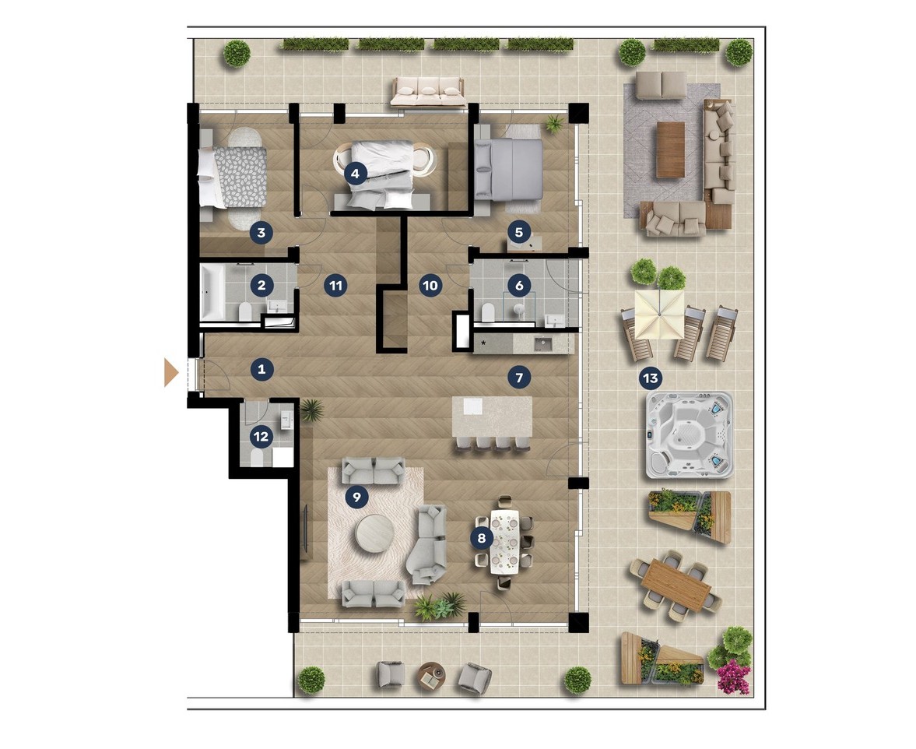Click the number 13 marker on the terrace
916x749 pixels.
(650, 378)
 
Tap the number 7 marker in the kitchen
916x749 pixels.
(519, 378)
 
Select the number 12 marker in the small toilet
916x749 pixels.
(261, 437)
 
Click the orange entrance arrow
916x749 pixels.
(170, 372)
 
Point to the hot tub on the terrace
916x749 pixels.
(690, 435)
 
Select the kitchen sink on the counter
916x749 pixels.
(542, 343)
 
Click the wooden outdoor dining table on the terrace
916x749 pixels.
(676, 585)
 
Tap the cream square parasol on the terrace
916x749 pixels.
(659, 315)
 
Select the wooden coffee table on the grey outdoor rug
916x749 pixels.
(670, 149)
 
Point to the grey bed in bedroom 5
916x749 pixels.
(509, 170)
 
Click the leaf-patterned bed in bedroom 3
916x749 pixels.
(233, 177)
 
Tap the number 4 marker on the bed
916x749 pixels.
(355, 173)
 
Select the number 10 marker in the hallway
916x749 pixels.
(430, 286)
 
